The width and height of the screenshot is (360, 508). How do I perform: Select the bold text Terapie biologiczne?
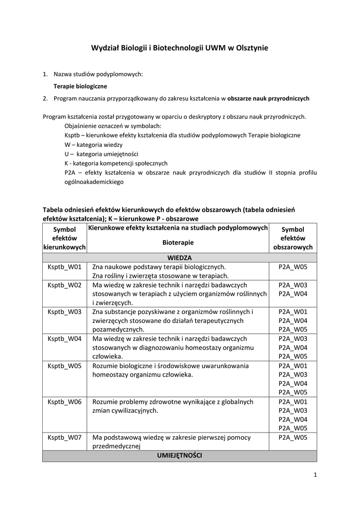pos(77,86)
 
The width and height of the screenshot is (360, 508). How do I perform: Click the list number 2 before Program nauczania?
pos(45,98)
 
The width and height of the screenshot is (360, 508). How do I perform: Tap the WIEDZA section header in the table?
pos(179,258)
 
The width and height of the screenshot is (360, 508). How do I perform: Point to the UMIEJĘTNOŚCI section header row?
pos(179,455)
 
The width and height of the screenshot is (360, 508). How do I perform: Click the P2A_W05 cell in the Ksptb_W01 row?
pos(293,267)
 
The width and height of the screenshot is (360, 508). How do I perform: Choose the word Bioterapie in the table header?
pos(178,243)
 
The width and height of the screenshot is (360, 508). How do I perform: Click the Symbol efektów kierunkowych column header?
pos(65,238)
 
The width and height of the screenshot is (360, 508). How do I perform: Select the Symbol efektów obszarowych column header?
pos(293,238)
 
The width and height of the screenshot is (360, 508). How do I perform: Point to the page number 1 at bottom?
pos(315,475)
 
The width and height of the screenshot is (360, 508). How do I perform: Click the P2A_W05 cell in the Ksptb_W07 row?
pos(293,438)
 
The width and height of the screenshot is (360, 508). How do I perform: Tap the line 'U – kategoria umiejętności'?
pos(101,154)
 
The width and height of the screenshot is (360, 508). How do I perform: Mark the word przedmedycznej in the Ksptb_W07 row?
pos(117,446)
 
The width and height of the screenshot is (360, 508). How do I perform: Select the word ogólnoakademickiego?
pos(94,182)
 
